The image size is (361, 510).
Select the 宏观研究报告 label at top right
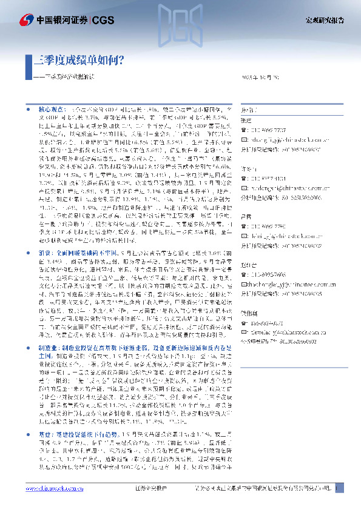[x=324, y=20]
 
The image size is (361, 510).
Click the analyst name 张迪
[x=245, y=121]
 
